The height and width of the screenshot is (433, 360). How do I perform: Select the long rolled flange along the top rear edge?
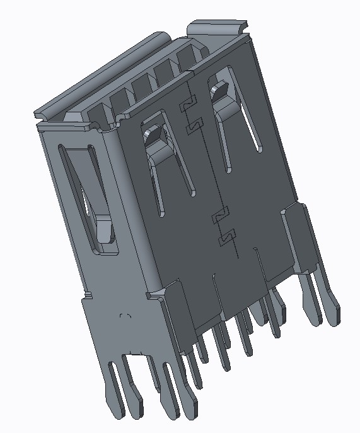(x=101, y=76)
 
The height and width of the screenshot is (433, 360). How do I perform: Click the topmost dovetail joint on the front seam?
(x=187, y=105)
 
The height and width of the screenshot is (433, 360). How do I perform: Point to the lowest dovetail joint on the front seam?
(x=224, y=239)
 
